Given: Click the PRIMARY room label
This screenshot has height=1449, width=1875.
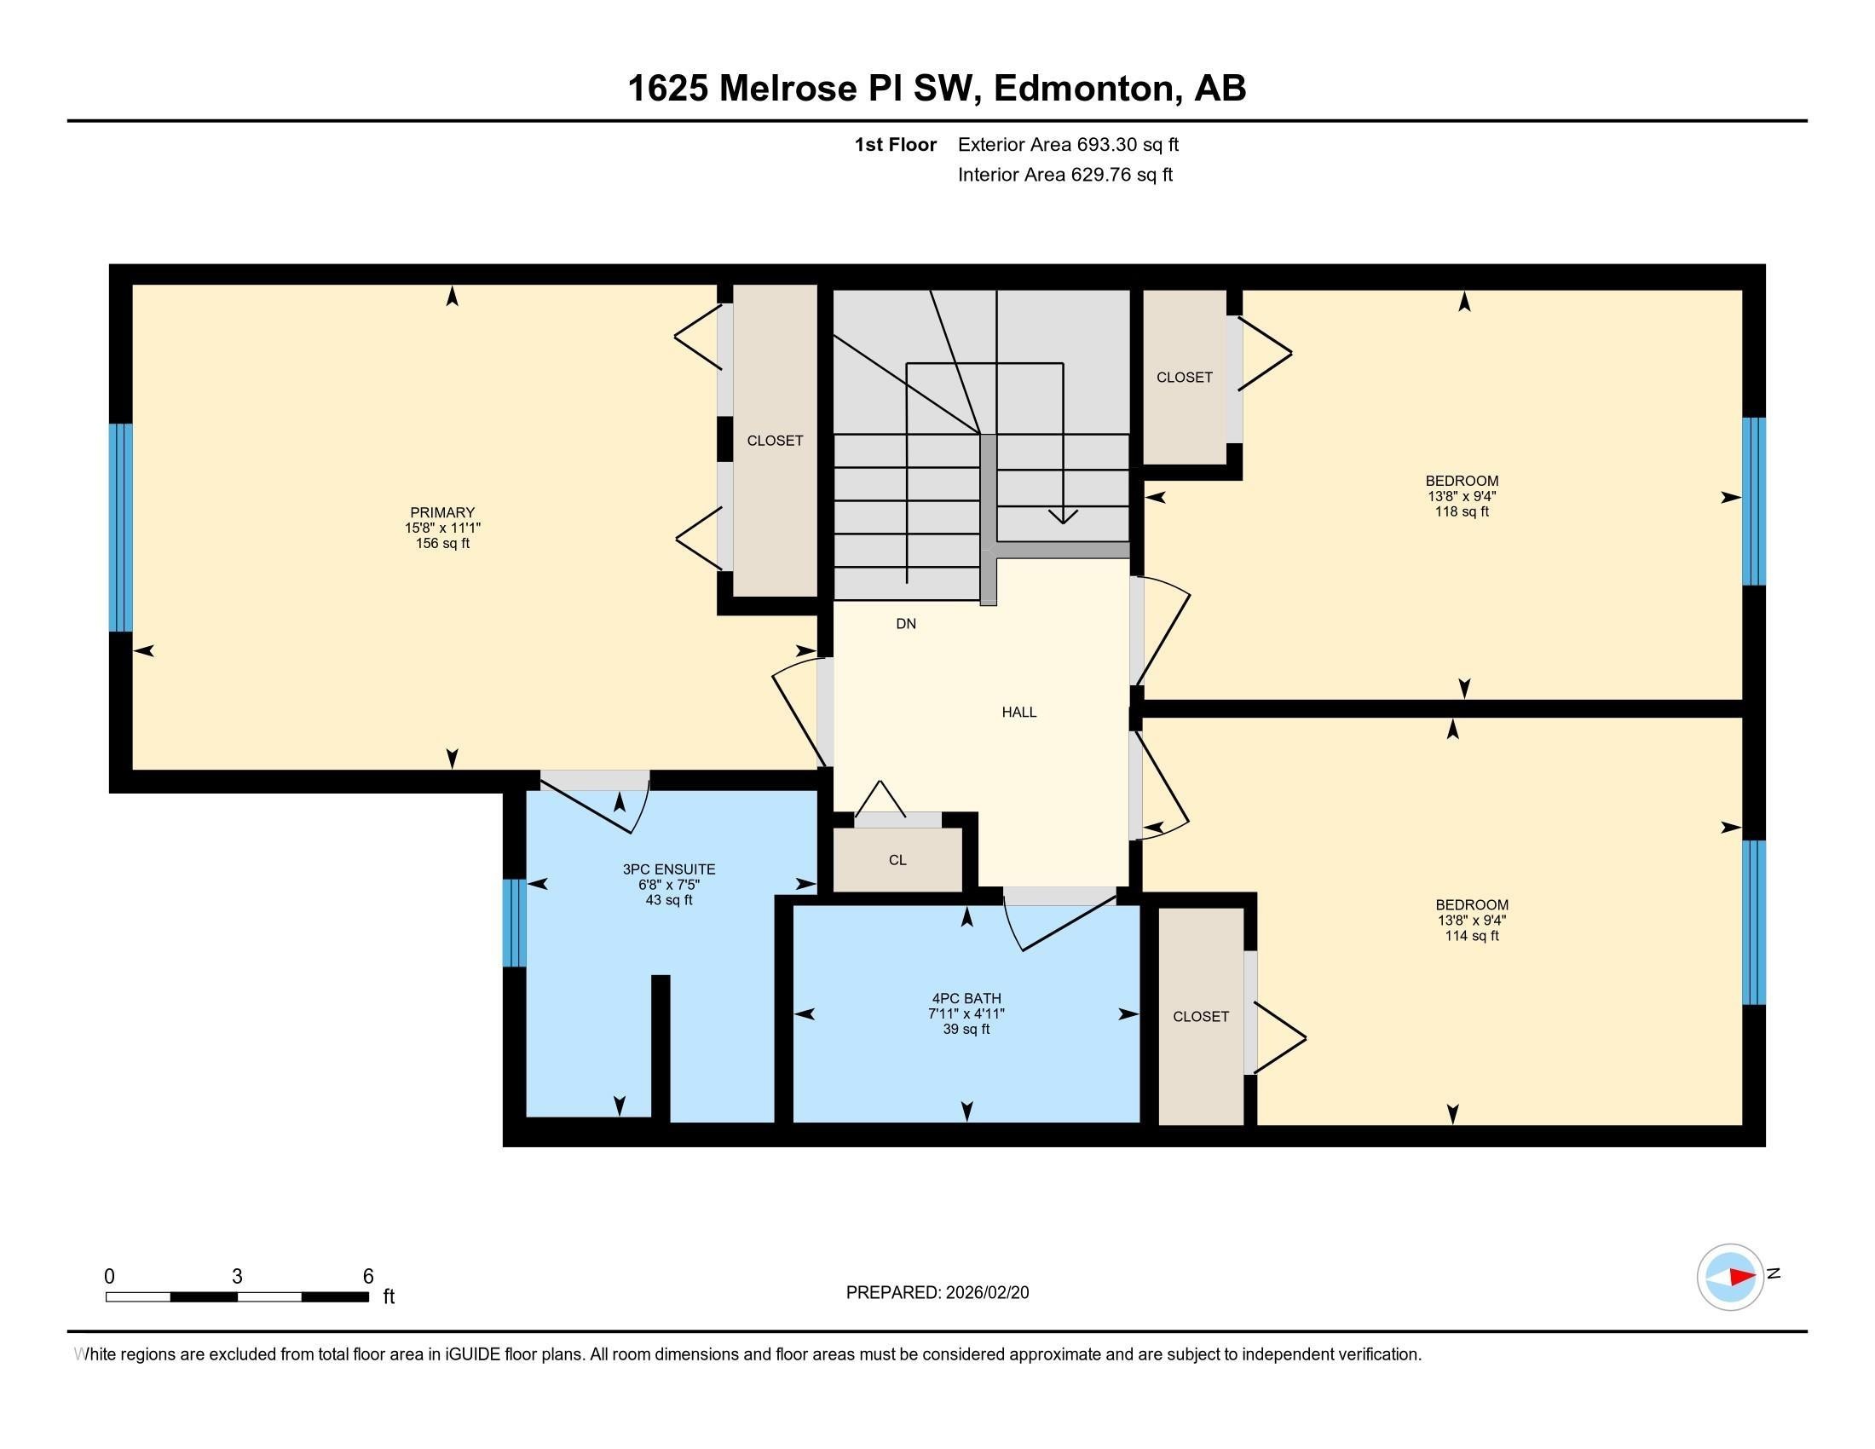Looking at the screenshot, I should point(442,512).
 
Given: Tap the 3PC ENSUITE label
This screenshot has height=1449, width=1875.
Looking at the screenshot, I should point(669,869).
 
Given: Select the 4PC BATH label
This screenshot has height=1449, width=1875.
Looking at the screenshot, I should point(966,998).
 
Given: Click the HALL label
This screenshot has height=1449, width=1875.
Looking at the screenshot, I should point(1019,712).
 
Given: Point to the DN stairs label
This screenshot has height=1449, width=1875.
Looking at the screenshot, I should point(906,624).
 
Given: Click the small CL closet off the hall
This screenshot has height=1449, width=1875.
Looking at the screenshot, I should point(897,860).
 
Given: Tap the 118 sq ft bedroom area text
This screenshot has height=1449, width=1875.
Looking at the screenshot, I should point(1461,511).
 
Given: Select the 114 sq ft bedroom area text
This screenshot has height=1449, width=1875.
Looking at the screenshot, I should point(1472,936).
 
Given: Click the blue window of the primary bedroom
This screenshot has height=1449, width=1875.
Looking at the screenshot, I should point(121,527).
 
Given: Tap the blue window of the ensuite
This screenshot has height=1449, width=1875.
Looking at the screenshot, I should point(513,923).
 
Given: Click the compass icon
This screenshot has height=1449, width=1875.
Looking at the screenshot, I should point(1730,1277).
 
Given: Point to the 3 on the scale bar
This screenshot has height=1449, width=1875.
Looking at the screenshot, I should point(237,1277).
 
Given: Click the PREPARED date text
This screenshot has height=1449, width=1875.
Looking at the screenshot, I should point(937,1293).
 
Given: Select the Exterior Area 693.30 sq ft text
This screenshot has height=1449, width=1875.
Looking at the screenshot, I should point(1068,144).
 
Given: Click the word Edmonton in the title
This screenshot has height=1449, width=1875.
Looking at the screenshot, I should point(1083,89).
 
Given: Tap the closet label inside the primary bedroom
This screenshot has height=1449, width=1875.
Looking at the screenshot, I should point(775,441).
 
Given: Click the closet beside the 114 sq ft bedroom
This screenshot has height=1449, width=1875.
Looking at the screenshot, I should point(1200,1016).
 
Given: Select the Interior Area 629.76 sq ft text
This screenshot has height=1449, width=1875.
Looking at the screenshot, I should point(1064,175).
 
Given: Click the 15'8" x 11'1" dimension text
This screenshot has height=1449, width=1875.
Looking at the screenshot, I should point(442,528).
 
